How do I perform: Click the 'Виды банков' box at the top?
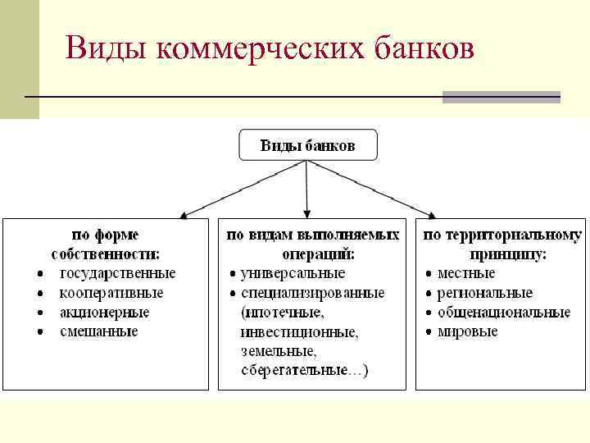click(x=307, y=145)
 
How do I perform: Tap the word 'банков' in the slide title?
click(x=422, y=49)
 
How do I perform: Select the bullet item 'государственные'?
click(x=117, y=273)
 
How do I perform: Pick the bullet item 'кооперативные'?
click(x=111, y=293)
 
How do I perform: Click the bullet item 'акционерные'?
click(x=104, y=313)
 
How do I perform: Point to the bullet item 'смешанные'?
click(x=99, y=331)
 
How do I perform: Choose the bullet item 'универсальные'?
click(x=293, y=273)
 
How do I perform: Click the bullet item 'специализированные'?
click(x=313, y=293)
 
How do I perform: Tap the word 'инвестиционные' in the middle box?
click(x=300, y=332)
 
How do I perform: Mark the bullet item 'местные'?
click(x=466, y=273)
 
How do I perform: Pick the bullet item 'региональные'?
click(x=485, y=293)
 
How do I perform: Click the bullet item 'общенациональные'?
click(x=504, y=313)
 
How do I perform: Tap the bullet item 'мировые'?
click(x=468, y=331)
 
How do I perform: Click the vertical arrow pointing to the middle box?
click(x=307, y=189)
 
